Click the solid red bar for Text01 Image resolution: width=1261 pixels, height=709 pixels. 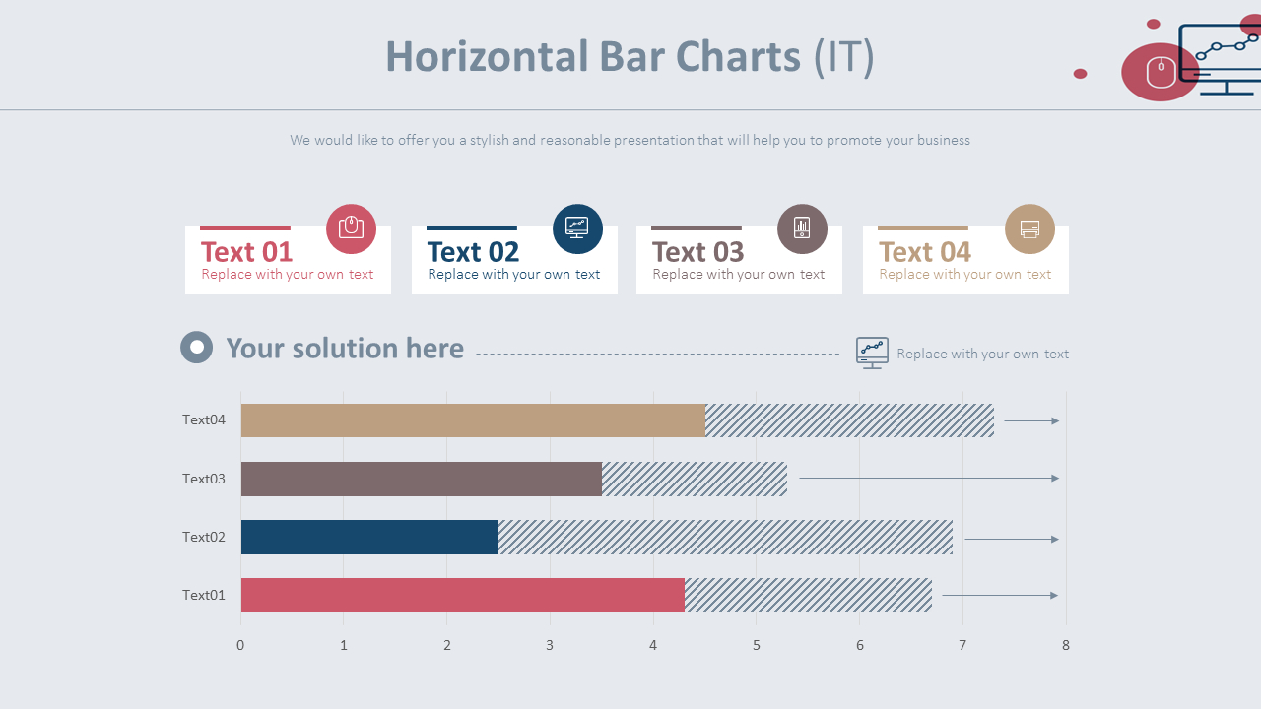click(x=462, y=595)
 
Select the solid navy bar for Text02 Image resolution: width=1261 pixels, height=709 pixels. click(x=369, y=537)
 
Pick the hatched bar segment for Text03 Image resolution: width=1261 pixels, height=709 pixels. click(x=695, y=479)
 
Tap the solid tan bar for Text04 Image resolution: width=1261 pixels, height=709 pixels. click(x=473, y=420)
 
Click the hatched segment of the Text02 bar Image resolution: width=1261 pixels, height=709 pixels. click(x=725, y=537)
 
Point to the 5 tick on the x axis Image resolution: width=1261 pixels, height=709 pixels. click(x=757, y=645)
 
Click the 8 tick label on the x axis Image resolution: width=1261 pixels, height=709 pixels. click(x=1065, y=645)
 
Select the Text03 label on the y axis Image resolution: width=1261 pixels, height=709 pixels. click(x=204, y=479)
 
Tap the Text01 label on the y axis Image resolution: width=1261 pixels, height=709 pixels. click(x=204, y=595)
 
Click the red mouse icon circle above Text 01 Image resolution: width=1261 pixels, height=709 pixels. click(x=351, y=228)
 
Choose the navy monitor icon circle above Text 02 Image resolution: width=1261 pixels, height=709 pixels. click(x=577, y=228)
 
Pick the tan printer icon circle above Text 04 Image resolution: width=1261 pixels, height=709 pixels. click(x=1029, y=228)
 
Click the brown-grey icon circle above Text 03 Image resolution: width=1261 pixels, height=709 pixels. click(x=802, y=228)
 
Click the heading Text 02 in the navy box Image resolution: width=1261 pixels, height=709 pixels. click(x=473, y=252)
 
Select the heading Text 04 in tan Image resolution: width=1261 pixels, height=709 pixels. click(x=924, y=252)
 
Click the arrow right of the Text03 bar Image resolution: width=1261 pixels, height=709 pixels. click(x=928, y=479)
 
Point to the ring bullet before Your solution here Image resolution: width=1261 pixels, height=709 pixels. click(x=197, y=347)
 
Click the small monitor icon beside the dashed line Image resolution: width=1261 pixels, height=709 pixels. click(x=872, y=352)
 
